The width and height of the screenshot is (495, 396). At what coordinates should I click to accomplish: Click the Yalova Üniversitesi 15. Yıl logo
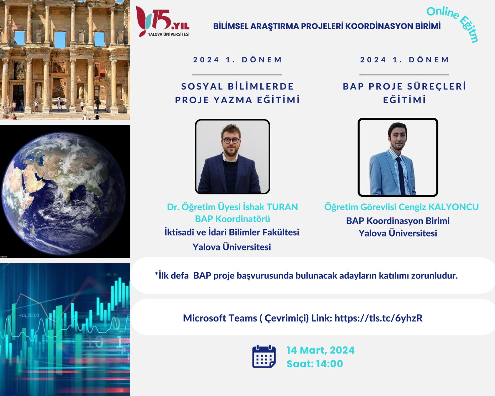163,21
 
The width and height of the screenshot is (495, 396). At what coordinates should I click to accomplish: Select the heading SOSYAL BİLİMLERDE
238,86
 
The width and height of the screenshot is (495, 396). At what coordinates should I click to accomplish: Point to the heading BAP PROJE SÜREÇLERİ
404,86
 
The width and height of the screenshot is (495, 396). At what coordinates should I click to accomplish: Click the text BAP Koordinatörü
232,219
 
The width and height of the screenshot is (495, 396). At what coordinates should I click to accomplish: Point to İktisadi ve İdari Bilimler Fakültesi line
232,232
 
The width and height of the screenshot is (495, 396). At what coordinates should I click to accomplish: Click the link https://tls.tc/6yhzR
379,318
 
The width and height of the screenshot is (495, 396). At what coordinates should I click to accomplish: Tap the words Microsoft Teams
220,318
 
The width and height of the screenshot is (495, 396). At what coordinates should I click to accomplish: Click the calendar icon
264,356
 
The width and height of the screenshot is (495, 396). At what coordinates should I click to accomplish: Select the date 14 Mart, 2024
320,350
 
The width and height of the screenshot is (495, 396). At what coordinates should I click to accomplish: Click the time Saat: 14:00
315,364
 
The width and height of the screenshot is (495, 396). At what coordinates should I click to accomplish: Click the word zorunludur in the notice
435,276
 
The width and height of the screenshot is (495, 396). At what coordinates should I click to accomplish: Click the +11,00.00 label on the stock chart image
29,315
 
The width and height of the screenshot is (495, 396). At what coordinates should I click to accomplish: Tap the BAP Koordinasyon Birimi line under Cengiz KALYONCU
398,221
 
